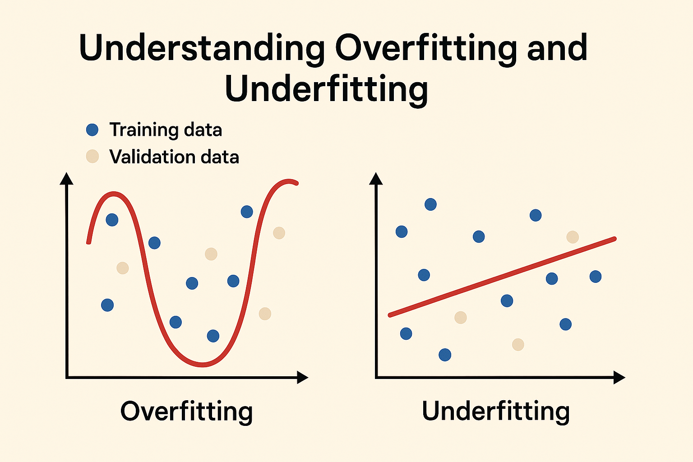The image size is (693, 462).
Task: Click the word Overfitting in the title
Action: tap(426, 48)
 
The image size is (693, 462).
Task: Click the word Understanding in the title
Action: tap(202, 48)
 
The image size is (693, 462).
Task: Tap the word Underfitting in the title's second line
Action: tap(326, 88)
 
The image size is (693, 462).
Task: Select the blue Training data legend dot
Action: tap(92, 130)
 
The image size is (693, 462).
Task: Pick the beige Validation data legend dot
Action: tap(92, 157)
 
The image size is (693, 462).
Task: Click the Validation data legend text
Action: tap(174, 157)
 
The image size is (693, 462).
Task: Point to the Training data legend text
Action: tap(166, 130)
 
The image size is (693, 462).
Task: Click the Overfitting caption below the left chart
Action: tap(186, 411)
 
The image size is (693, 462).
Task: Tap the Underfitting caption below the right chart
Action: tap(496, 411)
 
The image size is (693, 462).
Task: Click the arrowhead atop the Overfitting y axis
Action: tap(67, 179)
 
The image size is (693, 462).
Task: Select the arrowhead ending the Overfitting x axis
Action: tap(302, 378)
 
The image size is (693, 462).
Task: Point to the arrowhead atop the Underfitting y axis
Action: tap(376, 179)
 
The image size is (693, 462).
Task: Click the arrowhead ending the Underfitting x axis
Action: tap(619, 378)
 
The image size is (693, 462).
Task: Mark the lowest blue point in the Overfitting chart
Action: tap(213, 336)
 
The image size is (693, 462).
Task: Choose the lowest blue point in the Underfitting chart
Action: tap(445, 355)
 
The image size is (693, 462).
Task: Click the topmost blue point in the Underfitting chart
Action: tap(431, 204)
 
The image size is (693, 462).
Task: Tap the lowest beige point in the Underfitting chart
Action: tap(518, 345)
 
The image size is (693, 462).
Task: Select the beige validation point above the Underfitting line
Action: tap(573, 237)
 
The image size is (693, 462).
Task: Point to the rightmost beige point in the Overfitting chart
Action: tap(279, 233)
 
